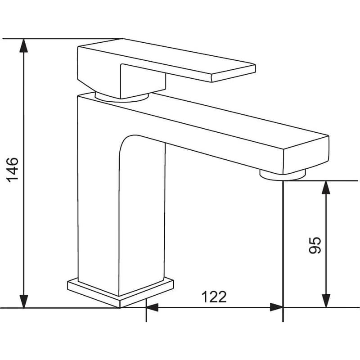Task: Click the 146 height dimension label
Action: tap(13, 170)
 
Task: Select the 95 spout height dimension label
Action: tap(315, 245)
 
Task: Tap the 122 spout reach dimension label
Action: tap(214, 297)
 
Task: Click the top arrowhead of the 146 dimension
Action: tap(24, 46)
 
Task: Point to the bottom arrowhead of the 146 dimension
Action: tap(24, 301)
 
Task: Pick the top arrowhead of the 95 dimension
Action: tap(326, 188)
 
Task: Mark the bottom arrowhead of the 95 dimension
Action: tap(326, 301)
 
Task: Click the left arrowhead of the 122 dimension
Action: tap(152, 307)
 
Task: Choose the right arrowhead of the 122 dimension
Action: tap(276, 307)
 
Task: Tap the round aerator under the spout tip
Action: tap(283, 175)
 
